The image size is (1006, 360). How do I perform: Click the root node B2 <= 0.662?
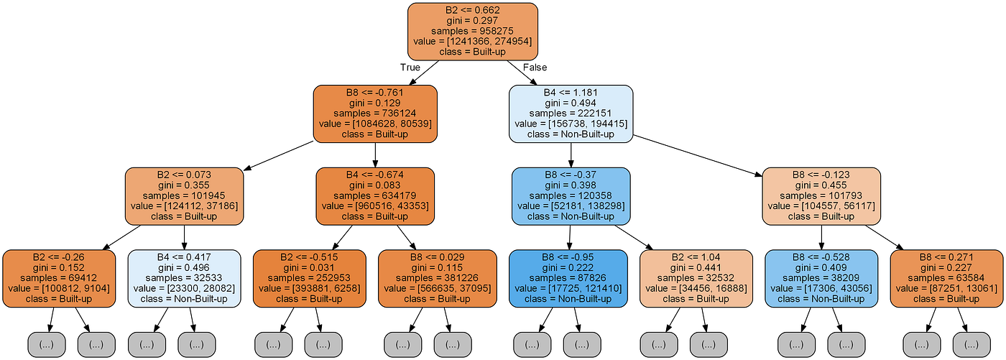[472, 32]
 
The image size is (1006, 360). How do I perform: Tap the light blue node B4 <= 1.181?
[571, 114]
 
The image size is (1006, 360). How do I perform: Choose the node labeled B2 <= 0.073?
[184, 196]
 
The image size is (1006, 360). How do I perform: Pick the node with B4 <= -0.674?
[375, 196]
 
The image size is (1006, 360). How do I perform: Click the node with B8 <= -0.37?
[571, 196]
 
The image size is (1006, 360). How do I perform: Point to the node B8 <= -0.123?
[821, 196]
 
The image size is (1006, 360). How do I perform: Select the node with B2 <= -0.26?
[59, 278]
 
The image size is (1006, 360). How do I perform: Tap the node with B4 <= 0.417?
[185, 278]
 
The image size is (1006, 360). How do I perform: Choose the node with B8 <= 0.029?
[438, 278]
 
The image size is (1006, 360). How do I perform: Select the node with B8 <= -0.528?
[821, 278]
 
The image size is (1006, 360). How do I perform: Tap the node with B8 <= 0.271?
[948, 278]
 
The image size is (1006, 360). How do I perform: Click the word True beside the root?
[411, 68]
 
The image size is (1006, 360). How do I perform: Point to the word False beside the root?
[534, 68]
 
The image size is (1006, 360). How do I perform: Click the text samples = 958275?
[472, 32]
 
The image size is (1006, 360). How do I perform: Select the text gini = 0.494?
[571, 103]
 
